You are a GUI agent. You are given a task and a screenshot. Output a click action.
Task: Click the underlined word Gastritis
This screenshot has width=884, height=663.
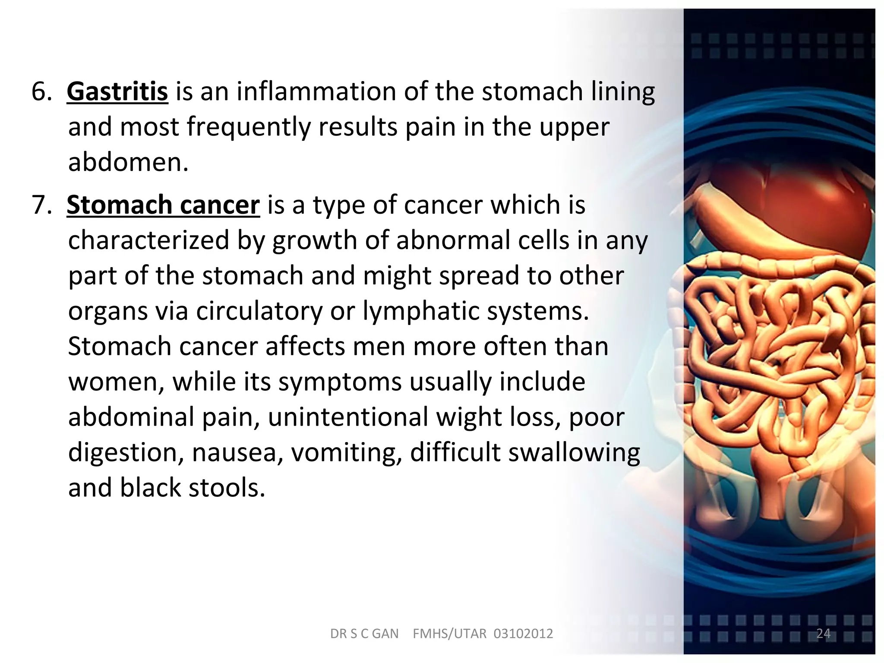pyautogui.click(x=117, y=92)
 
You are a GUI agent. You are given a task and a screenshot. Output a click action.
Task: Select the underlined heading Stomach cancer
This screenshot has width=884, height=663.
pyautogui.click(x=163, y=205)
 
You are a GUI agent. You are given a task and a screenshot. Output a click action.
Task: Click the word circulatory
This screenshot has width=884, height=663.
pyautogui.click(x=259, y=311)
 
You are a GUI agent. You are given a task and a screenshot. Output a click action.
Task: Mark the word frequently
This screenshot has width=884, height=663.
pyautogui.click(x=249, y=127)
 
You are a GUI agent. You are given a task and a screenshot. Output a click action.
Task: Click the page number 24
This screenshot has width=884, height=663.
pyautogui.click(x=823, y=633)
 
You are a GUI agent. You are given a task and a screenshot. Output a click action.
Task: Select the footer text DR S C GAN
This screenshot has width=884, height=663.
pyautogui.click(x=364, y=634)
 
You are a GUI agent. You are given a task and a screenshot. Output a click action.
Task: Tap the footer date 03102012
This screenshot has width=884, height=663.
pyautogui.click(x=523, y=634)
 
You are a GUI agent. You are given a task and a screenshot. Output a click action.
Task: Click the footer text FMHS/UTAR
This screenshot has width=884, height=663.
pyautogui.click(x=449, y=634)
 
